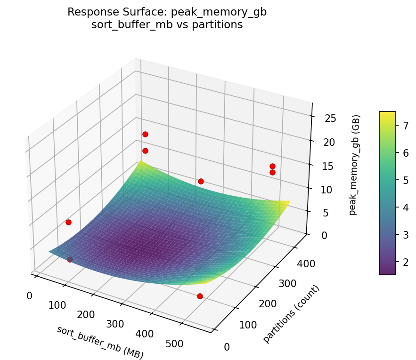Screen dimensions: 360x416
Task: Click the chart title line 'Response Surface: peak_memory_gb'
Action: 167,12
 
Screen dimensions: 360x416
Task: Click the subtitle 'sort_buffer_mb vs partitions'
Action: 167,25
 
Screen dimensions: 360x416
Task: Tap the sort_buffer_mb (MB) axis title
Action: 100,342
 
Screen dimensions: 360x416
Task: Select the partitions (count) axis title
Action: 291,314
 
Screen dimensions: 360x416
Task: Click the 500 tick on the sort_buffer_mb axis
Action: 175,344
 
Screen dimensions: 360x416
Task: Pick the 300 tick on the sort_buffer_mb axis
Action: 115,324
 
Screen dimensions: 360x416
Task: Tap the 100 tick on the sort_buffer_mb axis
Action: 57,305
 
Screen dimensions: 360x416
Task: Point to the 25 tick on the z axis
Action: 330,118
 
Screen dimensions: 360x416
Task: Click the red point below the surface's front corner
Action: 200,296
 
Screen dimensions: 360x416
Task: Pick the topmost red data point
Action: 145,134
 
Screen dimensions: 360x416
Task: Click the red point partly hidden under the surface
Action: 70,259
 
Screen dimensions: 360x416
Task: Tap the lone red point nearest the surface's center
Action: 201,181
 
